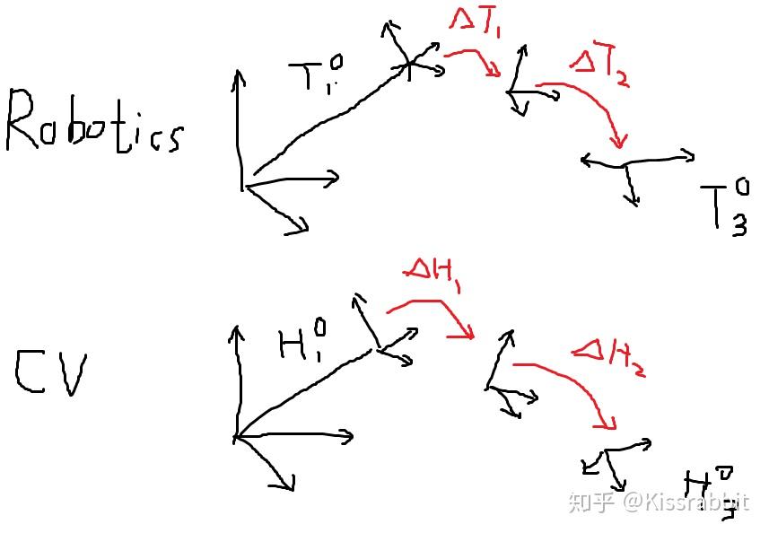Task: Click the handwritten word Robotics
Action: (94, 123)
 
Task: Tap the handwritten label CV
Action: (51, 375)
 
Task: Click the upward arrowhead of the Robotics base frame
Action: (238, 74)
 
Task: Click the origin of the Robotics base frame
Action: (243, 186)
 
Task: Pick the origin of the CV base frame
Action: (236, 438)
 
